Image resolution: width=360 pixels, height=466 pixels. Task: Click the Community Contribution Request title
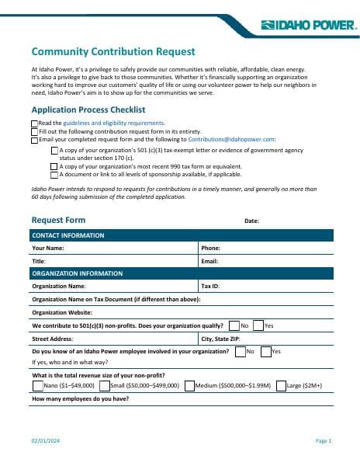[x=113, y=52]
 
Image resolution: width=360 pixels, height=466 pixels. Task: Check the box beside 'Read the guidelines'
[x=34, y=123]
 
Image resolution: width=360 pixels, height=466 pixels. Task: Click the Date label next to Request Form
[x=251, y=221]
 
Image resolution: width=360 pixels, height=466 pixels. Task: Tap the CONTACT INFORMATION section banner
[x=68, y=235]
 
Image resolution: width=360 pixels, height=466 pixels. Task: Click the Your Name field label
[x=48, y=249]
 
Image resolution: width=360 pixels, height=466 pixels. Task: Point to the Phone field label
[x=211, y=249]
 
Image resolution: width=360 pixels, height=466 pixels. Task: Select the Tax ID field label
[x=211, y=286]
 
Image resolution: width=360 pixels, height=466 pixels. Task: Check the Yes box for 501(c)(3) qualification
[x=258, y=325]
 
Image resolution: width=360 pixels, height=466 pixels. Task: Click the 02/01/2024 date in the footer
[x=44, y=441]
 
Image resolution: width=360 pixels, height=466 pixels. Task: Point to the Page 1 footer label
[x=324, y=441]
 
